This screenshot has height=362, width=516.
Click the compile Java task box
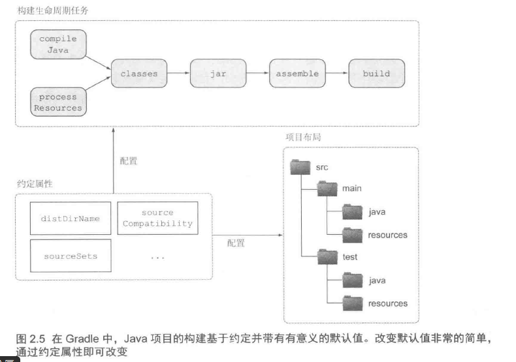point(58,44)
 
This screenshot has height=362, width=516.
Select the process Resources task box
point(58,102)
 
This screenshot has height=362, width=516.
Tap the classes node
point(139,74)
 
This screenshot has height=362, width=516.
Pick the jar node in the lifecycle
point(218,74)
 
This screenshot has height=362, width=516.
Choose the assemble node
point(297,74)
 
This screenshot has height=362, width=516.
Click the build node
point(376,74)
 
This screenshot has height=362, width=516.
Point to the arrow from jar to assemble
point(257,74)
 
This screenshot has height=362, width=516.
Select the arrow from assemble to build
point(336,74)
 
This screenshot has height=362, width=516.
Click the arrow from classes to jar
point(178,74)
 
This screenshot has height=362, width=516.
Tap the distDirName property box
point(70,219)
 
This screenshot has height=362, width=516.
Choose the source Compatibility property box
point(157,219)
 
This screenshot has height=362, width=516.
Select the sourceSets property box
point(70,256)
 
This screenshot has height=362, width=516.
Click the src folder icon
point(300,167)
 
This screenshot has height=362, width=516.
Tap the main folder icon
point(327,189)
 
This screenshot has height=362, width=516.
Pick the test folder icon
point(327,257)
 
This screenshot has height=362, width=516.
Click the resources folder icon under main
point(353,235)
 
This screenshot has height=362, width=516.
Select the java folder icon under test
point(353,280)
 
